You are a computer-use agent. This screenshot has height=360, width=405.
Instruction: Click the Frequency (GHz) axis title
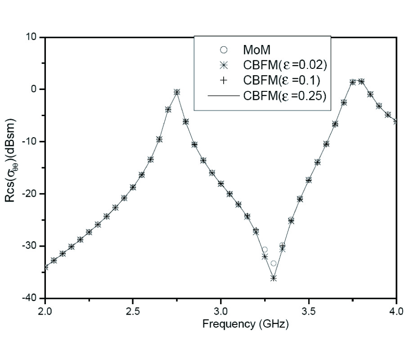click(x=245, y=324)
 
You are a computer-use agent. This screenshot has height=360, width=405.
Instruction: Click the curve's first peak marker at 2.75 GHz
click(x=177, y=92)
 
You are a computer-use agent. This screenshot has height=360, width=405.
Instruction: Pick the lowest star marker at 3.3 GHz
click(x=273, y=278)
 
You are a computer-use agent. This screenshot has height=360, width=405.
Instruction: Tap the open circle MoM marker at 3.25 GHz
click(x=265, y=249)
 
